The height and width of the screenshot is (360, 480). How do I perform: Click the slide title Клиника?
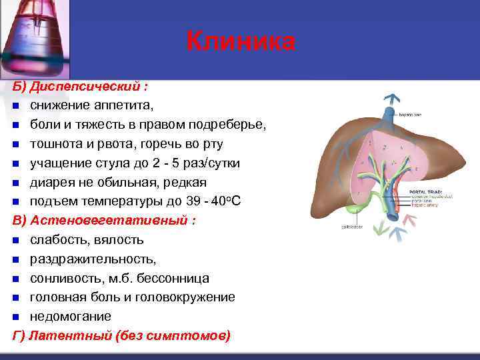point(240,41)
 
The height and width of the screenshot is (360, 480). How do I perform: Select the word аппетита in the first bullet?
point(123,105)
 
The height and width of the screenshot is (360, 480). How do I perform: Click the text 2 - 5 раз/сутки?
point(189,163)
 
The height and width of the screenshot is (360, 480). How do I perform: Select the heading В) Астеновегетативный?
point(104,221)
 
